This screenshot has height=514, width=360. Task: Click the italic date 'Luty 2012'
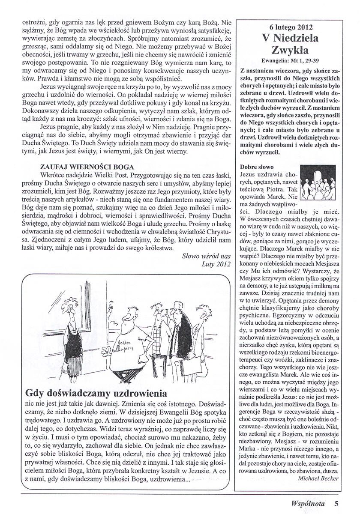pos(216,264)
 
